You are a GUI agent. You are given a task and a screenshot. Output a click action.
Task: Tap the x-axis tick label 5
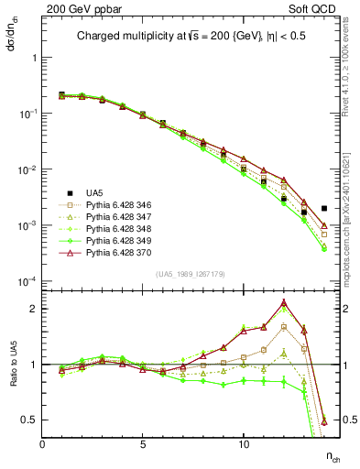click(x=143, y=445)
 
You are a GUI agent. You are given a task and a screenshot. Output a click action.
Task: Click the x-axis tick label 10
click(x=244, y=445)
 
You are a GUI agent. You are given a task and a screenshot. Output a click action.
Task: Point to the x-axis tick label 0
click(x=42, y=445)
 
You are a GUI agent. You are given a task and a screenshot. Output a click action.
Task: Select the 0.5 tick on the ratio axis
click(x=28, y=420)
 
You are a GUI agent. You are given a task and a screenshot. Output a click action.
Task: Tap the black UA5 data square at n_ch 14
click(x=324, y=209)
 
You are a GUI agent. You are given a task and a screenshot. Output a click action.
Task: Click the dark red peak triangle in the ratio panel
click(x=284, y=302)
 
